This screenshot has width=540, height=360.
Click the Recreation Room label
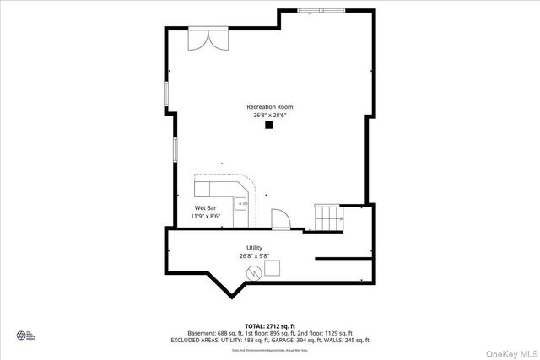[269, 106]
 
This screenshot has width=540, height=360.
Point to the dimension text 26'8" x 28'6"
[269, 116]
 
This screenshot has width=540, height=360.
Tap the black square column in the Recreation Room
[269, 126]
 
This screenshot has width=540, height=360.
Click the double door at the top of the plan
[207, 39]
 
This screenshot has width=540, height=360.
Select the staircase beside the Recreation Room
[328, 218]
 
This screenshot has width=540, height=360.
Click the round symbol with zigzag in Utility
[253, 271]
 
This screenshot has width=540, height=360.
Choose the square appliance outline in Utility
[273, 268]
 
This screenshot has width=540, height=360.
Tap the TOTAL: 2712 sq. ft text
[269, 325]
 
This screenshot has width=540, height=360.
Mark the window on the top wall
[321, 10]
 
